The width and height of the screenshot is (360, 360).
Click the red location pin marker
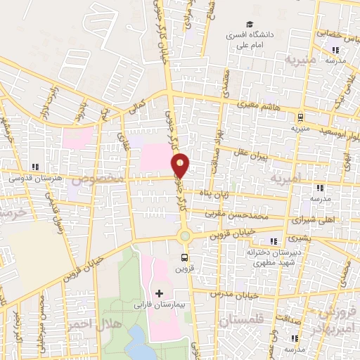[x=181, y=165]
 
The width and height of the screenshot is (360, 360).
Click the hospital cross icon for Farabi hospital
[x=158, y=292]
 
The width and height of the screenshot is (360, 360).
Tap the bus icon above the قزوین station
[x=184, y=257]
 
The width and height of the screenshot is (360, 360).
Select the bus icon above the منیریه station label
[x=300, y=117]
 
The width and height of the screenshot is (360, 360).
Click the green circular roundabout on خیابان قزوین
[x=184, y=236]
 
